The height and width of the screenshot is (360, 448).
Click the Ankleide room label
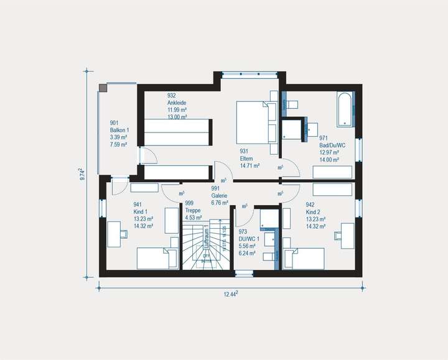pyautogui.click(x=177, y=103)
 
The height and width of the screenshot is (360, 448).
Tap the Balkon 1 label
pyautogui.click(x=118, y=130)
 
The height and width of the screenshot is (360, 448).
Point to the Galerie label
pyautogui.click(x=220, y=195)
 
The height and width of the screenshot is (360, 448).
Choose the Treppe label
pyautogui.click(x=193, y=210)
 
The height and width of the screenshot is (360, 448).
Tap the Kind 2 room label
pyautogui.click(x=314, y=211)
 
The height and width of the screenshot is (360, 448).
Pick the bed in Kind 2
pyautogui.click(x=303, y=257)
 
